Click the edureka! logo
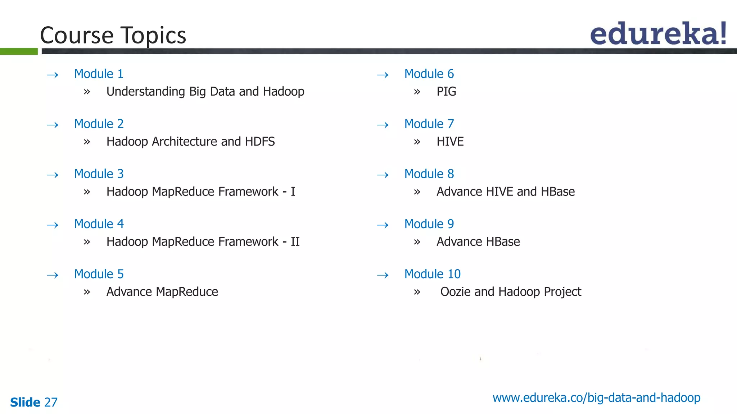click(x=658, y=34)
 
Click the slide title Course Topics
click(x=113, y=35)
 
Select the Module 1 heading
click(x=99, y=74)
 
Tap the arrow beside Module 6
click(x=383, y=75)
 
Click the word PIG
click(x=446, y=92)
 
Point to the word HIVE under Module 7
click(x=450, y=142)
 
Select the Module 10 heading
click(x=432, y=274)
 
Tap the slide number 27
click(x=51, y=402)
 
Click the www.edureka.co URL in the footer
click(x=596, y=398)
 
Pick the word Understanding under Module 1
click(x=146, y=92)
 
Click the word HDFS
click(x=260, y=142)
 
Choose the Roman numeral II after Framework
click(x=295, y=241)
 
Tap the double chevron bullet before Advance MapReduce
click(x=87, y=292)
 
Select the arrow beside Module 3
click(x=53, y=175)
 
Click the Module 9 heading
click(x=429, y=224)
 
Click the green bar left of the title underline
click(x=19, y=51)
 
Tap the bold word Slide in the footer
click(x=25, y=402)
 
